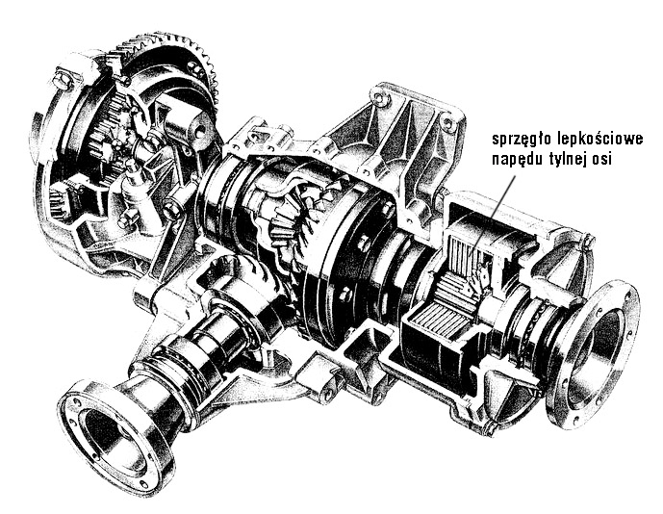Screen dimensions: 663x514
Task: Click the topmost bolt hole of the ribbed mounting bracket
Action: tap(378, 98)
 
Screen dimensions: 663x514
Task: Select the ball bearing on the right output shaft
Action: tap(534, 322)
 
